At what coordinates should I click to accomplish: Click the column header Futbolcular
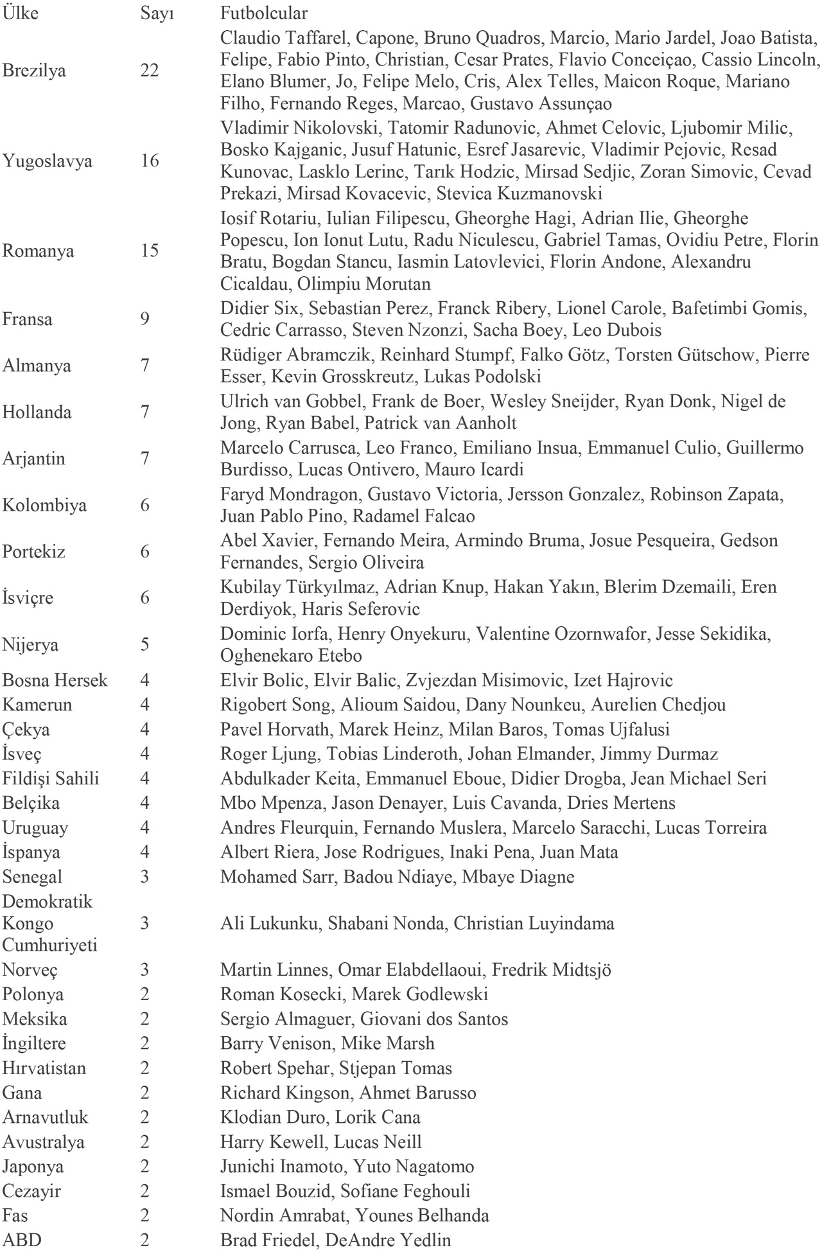click(263, 13)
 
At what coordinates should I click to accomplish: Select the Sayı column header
click(157, 13)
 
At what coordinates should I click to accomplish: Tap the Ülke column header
click(21, 13)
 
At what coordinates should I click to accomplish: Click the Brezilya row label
click(34, 71)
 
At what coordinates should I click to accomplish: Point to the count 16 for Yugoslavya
click(150, 161)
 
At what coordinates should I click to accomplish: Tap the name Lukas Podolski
click(489, 376)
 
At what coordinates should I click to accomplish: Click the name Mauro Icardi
click(474, 470)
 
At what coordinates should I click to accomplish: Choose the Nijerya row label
click(30, 645)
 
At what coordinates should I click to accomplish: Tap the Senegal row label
click(32, 877)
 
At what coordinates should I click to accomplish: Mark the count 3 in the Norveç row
click(144, 969)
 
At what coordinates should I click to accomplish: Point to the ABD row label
click(22, 1240)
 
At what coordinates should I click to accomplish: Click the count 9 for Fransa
click(144, 319)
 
